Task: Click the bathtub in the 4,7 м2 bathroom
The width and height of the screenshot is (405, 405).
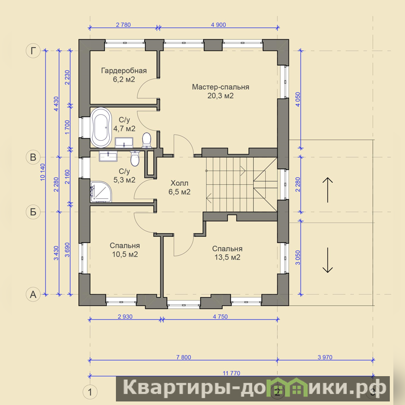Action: pos(101,128)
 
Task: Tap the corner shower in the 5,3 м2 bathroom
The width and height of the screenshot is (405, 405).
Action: pos(101,191)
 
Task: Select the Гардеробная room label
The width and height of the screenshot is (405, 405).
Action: pos(124,70)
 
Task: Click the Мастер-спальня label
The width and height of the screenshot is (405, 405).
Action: pos(221,87)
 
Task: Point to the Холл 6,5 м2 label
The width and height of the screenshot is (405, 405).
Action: pos(180,187)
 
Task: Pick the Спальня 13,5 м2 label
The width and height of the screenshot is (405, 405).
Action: pos(227,253)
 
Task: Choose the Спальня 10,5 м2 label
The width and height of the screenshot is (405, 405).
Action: pos(125,250)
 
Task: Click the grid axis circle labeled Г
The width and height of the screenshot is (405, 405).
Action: pos(33,51)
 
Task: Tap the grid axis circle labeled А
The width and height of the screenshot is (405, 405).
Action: pos(33,294)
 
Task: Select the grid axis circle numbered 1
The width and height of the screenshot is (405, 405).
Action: pos(90,392)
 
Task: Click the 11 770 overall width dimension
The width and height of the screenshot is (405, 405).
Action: pos(231,373)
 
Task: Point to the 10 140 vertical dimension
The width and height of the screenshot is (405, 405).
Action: pos(43,172)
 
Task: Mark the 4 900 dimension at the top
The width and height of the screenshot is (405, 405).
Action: pos(219,25)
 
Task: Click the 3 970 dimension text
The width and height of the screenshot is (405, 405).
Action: pos(325,357)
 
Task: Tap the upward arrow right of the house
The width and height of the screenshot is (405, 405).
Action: pos(328,190)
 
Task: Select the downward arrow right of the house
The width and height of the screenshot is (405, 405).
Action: pos(328,260)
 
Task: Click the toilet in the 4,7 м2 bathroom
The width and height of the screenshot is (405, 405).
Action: pos(146,140)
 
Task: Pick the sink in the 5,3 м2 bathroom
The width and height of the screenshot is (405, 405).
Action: pos(108,156)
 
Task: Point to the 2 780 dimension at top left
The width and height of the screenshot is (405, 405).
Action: pos(124,25)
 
